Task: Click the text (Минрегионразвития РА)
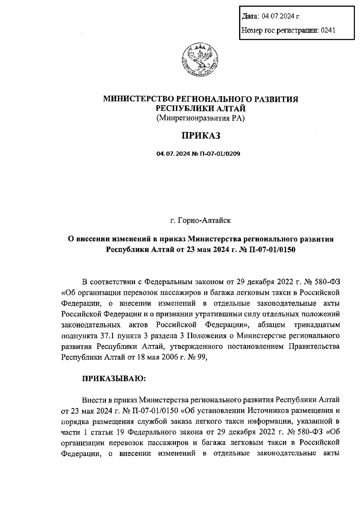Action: click(x=200, y=118)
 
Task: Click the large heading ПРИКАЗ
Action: click(x=200, y=135)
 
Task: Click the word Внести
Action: click(x=93, y=400)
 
